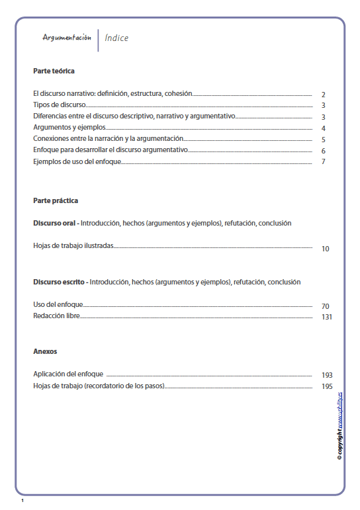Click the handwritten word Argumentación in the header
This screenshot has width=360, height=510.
pos(67,38)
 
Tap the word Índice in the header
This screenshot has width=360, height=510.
pos(116,38)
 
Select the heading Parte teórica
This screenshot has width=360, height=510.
pos(54,70)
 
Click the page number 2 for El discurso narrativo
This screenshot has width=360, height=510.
pos(323,95)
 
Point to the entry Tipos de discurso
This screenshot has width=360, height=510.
pos(60,105)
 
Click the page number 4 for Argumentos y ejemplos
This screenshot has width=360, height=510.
pos(323,128)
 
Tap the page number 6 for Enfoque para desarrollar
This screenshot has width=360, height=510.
pos(323,151)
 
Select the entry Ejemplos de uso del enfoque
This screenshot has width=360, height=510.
pos(77,161)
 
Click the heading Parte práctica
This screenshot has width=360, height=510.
pos(56,200)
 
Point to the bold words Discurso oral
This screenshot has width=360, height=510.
pos(56,223)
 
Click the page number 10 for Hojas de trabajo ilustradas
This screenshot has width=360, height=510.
pos(325,249)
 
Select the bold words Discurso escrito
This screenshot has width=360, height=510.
pos(58,282)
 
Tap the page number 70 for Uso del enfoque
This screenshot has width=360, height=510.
pos(325,306)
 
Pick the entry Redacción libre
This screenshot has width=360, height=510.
pos(56,317)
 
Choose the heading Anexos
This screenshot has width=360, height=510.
pos(45,351)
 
